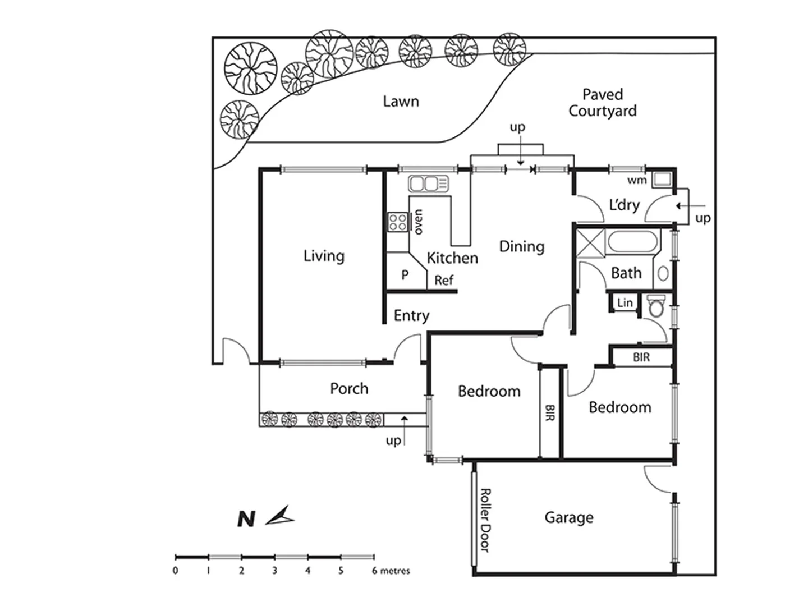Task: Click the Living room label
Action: pyautogui.click(x=324, y=256)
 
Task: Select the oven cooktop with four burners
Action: pyautogui.click(x=398, y=222)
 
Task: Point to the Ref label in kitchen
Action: pyautogui.click(x=443, y=280)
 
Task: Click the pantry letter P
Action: pyautogui.click(x=405, y=275)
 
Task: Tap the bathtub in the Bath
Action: pyautogui.click(x=632, y=242)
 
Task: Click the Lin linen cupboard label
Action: pyautogui.click(x=625, y=303)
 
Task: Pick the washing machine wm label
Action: pyautogui.click(x=637, y=180)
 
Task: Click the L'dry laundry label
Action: pyautogui.click(x=624, y=205)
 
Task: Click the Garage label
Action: pyautogui.click(x=568, y=517)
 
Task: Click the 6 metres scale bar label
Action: pyautogui.click(x=391, y=571)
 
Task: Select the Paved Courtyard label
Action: pyautogui.click(x=602, y=103)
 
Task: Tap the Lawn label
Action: pyautogui.click(x=401, y=102)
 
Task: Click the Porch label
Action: pyautogui.click(x=349, y=388)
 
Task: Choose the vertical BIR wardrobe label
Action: pyautogui.click(x=550, y=414)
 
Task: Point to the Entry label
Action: pyautogui.click(x=411, y=315)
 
